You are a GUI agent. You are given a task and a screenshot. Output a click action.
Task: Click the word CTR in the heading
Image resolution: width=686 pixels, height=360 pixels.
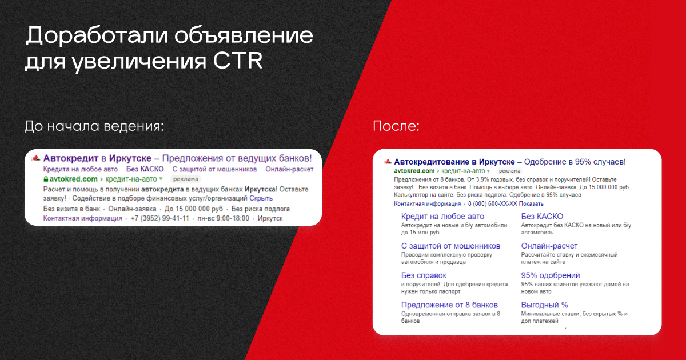tap(238, 61)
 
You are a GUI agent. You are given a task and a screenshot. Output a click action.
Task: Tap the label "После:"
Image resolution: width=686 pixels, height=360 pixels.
tap(396, 126)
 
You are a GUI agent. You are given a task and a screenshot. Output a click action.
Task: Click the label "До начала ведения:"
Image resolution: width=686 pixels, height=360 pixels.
tap(94, 126)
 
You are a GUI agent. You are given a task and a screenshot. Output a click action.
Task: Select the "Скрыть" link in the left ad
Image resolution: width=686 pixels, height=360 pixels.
tap(261, 198)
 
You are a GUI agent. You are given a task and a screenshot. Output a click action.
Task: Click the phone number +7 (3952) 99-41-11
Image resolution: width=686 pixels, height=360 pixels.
tap(160, 218)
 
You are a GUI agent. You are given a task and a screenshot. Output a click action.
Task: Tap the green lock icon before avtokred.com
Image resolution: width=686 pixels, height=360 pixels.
tap(46, 179)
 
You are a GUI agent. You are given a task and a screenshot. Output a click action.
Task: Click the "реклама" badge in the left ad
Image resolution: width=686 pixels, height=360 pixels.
tap(186, 179)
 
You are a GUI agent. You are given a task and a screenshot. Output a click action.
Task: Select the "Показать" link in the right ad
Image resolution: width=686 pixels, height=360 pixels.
tap(531, 203)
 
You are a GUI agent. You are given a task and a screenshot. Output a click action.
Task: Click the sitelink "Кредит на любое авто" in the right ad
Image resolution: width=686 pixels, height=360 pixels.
tap(442, 217)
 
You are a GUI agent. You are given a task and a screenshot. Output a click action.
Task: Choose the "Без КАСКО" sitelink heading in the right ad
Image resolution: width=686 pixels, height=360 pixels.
tap(542, 217)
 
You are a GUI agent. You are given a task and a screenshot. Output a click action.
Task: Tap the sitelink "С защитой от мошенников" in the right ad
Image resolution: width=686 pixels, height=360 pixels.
tap(451, 246)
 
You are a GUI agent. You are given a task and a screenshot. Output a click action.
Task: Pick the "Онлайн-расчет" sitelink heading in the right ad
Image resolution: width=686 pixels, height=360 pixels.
tap(549, 246)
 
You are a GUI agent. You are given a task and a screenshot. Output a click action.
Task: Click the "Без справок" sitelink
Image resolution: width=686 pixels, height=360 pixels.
tap(424, 275)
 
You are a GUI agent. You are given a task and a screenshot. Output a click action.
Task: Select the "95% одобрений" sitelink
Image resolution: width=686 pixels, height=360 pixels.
tap(551, 275)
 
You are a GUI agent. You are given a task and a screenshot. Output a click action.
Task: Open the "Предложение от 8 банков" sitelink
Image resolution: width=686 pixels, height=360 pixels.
tap(449, 305)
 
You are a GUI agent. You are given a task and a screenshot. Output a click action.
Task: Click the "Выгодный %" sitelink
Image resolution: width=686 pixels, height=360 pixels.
tap(544, 305)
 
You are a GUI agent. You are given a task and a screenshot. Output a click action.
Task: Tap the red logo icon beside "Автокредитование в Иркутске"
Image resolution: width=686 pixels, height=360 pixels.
tap(388, 161)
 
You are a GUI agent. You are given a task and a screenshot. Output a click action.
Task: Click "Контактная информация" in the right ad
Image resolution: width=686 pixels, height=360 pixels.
tap(427, 203)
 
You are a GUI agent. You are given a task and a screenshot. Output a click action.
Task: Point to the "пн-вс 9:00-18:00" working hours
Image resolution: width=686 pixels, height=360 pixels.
tap(224, 218)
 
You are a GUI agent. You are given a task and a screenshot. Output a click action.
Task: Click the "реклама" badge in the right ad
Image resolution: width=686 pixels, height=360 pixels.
tap(509, 171)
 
